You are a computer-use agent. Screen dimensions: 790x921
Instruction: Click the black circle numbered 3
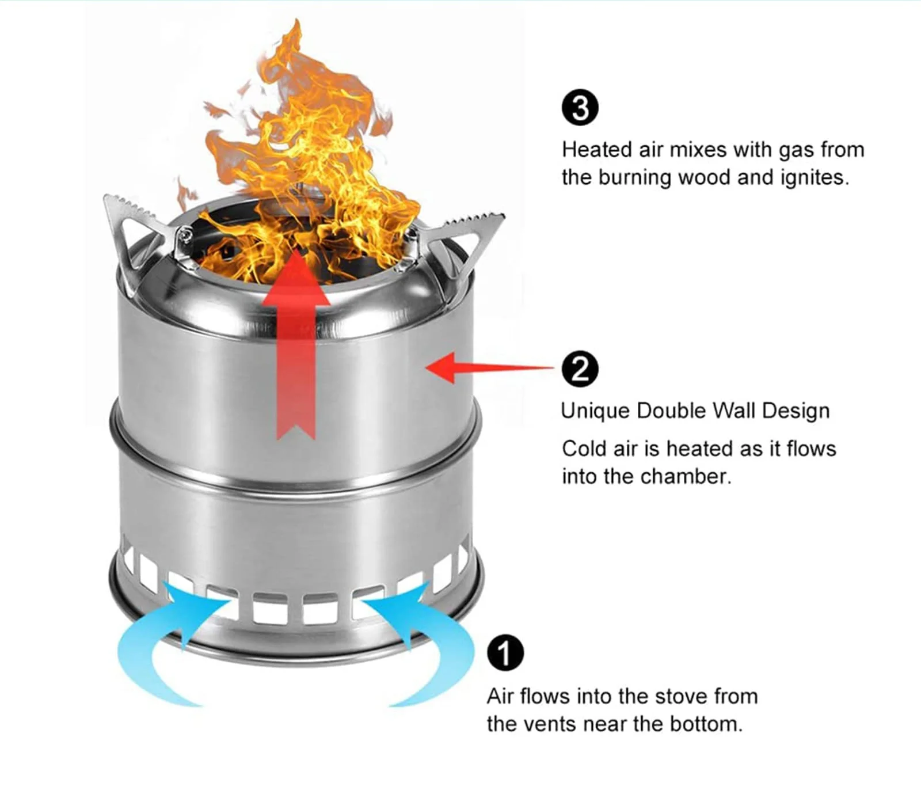(x=580, y=108)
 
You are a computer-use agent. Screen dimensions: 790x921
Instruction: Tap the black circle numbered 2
(x=580, y=369)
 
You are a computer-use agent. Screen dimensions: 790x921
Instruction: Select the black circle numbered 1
(x=505, y=653)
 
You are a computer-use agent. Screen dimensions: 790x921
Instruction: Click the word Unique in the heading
(x=595, y=411)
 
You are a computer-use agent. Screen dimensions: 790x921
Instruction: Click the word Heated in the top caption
(x=597, y=150)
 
